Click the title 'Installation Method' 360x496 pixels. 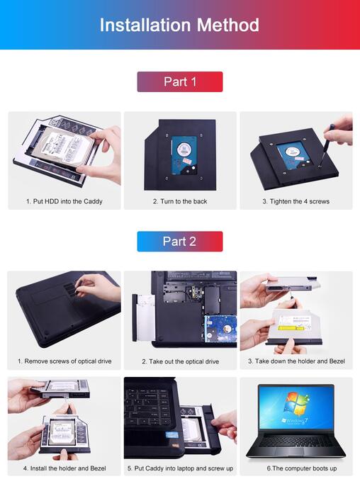click(x=179, y=25)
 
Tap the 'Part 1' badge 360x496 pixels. click(x=180, y=81)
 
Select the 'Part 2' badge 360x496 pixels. click(x=180, y=242)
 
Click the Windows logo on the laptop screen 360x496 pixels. click(x=296, y=404)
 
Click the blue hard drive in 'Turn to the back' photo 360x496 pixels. click(x=184, y=156)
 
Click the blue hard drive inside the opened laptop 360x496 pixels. click(x=221, y=329)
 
